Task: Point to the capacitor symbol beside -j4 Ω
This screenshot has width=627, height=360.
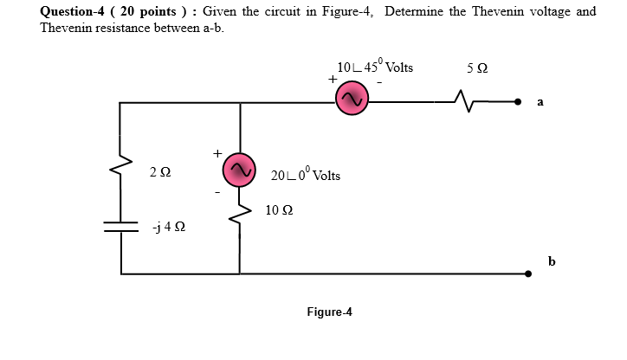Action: pyautogui.click(x=122, y=226)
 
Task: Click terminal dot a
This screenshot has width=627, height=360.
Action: pyautogui.click(x=519, y=102)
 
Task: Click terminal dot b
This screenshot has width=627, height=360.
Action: pyautogui.click(x=529, y=273)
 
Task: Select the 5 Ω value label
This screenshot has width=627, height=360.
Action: pyautogui.click(x=475, y=68)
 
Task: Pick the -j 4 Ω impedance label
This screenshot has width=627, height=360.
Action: pyautogui.click(x=168, y=228)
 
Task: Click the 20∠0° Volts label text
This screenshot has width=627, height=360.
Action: pyautogui.click(x=305, y=175)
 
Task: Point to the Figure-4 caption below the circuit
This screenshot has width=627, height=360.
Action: pyautogui.click(x=328, y=312)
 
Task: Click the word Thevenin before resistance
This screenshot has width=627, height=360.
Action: pyautogui.click(x=68, y=28)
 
